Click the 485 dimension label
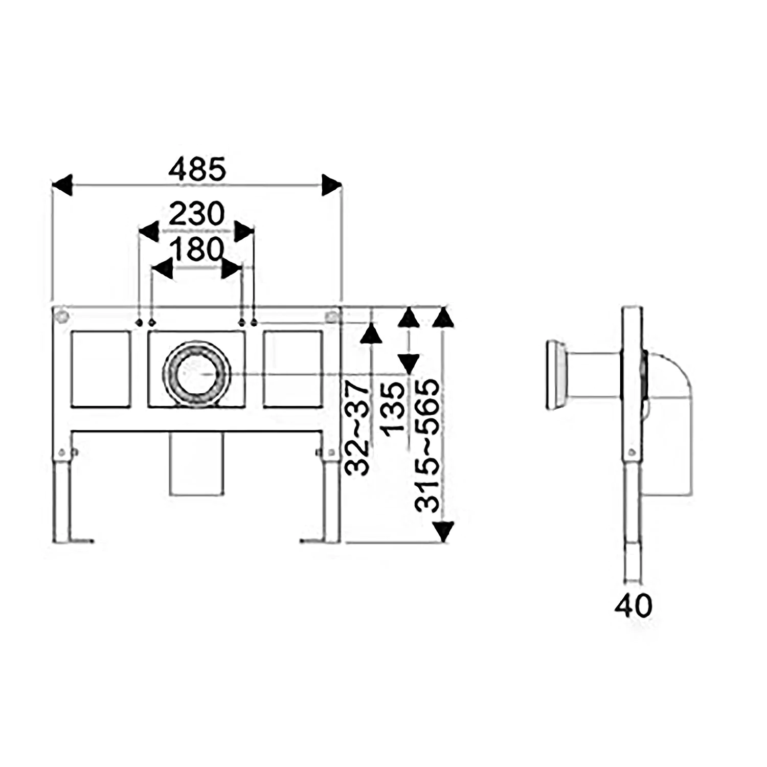tap(197, 169)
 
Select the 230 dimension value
tap(197, 214)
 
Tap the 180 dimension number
tap(197, 250)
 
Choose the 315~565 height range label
tap(427, 445)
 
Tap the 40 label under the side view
tap(634, 606)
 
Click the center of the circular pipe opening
tap(197, 373)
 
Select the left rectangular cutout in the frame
tap(100, 369)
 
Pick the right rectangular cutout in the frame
tap(293, 369)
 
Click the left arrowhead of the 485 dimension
tap(62, 185)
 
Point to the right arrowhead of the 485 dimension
tap(331, 185)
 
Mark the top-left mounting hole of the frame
tap(62, 317)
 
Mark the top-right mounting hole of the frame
tap(332, 317)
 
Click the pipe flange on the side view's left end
tap(556, 374)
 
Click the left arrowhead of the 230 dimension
tap(149, 231)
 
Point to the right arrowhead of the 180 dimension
tap(231, 268)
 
